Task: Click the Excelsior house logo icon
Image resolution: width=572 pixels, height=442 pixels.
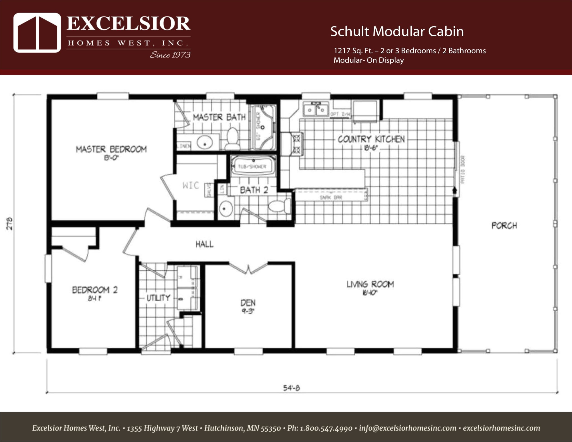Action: [x=37, y=33]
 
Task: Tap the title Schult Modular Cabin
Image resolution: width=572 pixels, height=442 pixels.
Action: [x=397, y=31]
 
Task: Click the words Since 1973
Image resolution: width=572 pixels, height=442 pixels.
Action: [x=170, y=55]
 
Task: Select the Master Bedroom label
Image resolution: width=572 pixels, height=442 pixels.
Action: [x=111, y=149]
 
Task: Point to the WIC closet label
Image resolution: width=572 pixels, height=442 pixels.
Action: [x=191, y=185]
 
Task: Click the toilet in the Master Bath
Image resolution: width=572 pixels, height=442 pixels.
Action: [x=232, y=139]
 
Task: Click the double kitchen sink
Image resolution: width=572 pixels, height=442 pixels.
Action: [x=316, y=110]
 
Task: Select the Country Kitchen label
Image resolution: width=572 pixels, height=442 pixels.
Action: [x=371, y=139]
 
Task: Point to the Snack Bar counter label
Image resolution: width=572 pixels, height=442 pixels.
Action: [x=331, y=197]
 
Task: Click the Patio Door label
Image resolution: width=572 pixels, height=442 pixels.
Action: [x=463, y=169]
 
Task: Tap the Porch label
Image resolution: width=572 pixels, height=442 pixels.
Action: [x=504, y=226]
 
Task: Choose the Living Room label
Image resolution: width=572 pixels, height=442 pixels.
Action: [x=370, y=285]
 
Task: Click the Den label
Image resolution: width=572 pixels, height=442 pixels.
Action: [x=248, y=303]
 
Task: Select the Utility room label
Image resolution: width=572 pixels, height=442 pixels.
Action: [x=158, y=298]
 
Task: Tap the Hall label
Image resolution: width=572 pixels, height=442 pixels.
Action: [x=204, y=244]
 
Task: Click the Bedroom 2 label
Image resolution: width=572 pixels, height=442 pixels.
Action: [x=95, y=290]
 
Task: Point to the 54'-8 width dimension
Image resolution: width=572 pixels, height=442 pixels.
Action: [x=291, y=388]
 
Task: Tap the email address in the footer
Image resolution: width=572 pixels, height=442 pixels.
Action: [x=407, y=428]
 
